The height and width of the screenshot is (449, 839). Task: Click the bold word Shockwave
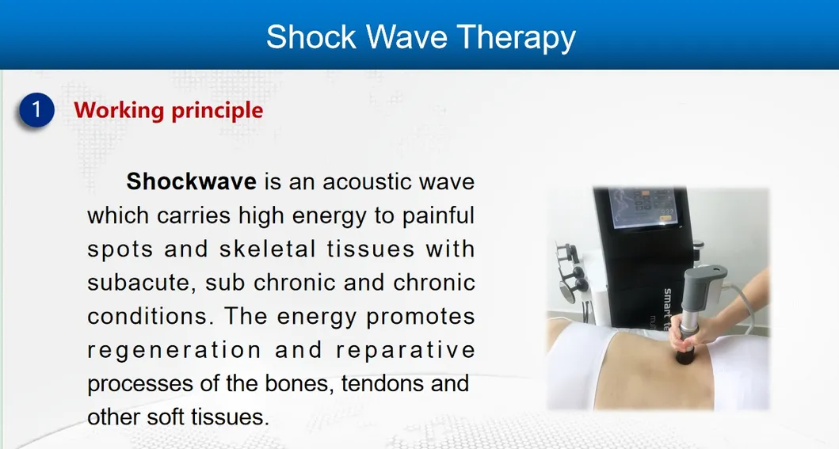pyautogui.click(x=191, y=182)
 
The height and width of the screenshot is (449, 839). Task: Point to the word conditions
pyautogui.click(x=151, y=316)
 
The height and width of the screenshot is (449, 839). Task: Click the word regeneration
pyautogui.click(x=174, y=349)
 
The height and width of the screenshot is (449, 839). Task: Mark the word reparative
pyautogui.click(x=405, y=349)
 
